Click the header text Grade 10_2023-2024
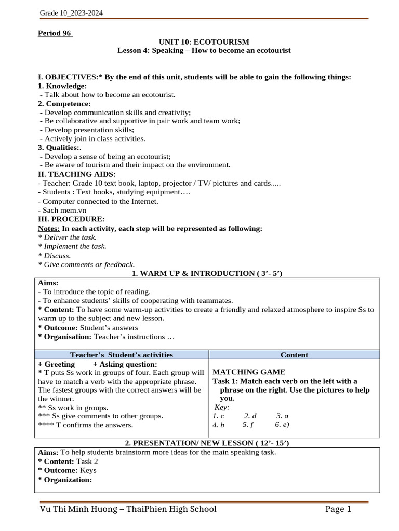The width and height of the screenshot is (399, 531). click(x=71, y=13)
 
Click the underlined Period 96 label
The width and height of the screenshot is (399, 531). click(x=55, y=34)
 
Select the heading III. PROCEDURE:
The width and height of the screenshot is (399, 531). click(x=71, y=219)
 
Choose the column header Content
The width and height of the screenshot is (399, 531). click(x=294, y=355)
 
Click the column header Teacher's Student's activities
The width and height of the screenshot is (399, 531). click(x=122, y=355)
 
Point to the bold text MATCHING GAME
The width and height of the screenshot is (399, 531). click(x=249, y=372)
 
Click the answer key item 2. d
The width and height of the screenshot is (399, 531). click(x=250, y=416)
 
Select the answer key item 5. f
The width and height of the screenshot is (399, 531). click(x=248, y=425)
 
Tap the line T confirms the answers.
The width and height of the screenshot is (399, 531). click(x=86, y=425)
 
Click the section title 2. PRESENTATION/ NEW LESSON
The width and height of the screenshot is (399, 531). click(x=207, y=443)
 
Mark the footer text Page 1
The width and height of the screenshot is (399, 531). click(x=339, y=509)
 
